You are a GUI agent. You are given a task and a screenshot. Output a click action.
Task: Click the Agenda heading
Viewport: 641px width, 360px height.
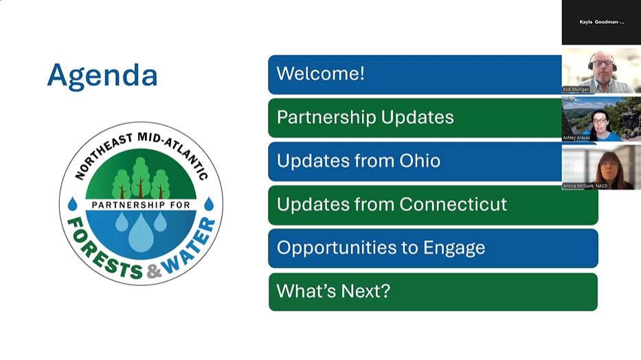click(x=102, y=76)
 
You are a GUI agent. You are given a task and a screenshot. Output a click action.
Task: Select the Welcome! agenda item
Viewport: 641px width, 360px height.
click(x=415, y=75)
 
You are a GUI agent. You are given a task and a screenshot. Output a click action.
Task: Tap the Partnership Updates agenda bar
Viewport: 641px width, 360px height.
click(x=415, y=118)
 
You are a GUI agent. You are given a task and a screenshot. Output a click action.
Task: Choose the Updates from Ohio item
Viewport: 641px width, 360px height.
click(x=415, y=161)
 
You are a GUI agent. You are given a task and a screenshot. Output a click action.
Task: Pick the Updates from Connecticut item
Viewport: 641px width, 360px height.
click(x=434, y=205)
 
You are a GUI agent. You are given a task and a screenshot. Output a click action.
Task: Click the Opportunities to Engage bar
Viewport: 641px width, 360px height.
click(x=434, y=249)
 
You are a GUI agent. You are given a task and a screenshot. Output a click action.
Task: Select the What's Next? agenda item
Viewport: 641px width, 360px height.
click(x=434, y=292)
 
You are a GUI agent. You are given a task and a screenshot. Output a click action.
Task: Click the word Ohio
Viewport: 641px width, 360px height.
click(x=420, y=161)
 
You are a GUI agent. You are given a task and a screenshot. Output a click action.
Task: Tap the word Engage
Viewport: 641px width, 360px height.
click(x=454, y=248)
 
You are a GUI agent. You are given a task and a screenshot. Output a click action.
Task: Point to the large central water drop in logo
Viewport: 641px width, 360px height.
click(x=141, y=233)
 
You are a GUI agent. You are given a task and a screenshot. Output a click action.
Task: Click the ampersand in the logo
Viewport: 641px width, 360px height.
click(x=153, y=271)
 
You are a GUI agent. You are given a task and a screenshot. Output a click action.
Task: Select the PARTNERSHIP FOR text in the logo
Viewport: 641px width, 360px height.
click(x=141, y=205)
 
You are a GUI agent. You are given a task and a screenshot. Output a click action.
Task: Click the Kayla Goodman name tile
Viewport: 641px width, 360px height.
click(x=601, y=22)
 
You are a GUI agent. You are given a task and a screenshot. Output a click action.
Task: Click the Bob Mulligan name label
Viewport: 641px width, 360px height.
click(x=576, y=89)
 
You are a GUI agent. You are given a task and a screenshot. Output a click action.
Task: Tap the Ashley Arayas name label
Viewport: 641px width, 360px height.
click(x=576, y=137)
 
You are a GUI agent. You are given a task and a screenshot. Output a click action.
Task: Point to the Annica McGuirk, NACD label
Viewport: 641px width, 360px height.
click(x=585, y=186)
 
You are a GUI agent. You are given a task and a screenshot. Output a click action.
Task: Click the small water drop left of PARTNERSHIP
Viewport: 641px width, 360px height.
click(x=73, y=204)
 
